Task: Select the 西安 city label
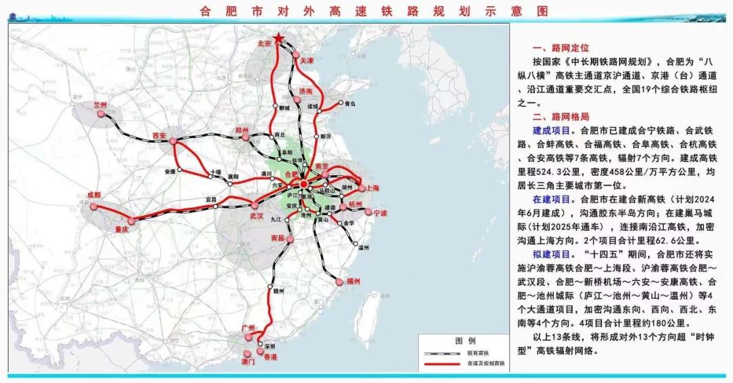coord(160,134)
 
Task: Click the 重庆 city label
coord(121,230)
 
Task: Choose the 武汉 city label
coord(256,215)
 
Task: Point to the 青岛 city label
coord(350,104)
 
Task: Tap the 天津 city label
coord(307,60)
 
